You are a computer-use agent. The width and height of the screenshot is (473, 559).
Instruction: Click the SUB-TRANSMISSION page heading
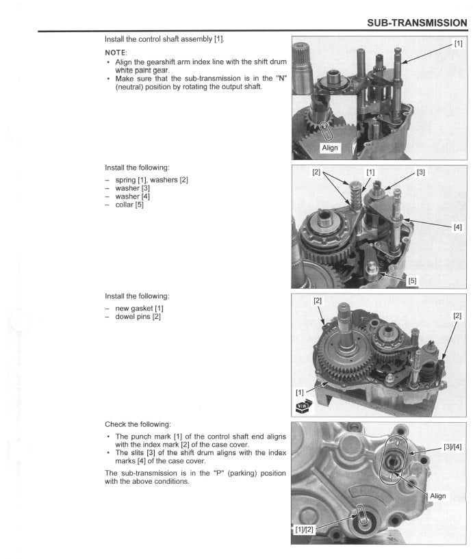coord(417,23)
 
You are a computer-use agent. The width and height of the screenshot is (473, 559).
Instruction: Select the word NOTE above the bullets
coord(116,51)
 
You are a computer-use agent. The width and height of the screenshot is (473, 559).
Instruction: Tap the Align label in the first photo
coord(330,148)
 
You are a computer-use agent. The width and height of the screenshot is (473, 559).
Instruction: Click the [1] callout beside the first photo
coord(458,44)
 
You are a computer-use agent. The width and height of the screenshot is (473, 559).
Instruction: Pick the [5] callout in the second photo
coord(412,280)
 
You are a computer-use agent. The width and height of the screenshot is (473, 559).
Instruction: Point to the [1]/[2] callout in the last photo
coord(304,530)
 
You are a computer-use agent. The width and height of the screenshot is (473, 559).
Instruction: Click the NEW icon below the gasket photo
coord(303,406)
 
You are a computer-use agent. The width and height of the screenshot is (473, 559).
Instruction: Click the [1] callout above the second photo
coord(370,172)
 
